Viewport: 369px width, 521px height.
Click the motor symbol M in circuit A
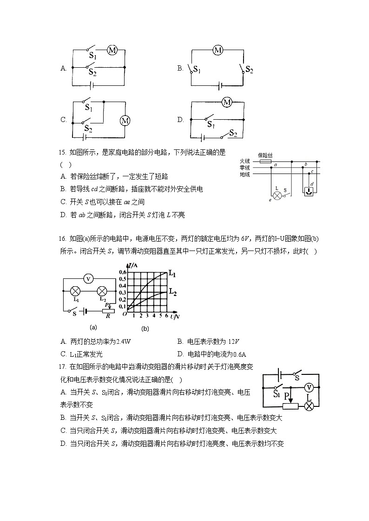(112, 50)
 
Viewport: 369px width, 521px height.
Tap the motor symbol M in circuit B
(218, 50)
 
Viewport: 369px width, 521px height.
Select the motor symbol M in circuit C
(125, 121)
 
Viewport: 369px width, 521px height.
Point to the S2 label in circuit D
(233, 134)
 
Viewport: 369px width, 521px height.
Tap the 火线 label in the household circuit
(245, 161)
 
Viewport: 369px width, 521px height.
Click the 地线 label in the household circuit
(245, 174)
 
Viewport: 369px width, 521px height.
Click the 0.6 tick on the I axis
(122, 272)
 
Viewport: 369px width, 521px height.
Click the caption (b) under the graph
(145, 328)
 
